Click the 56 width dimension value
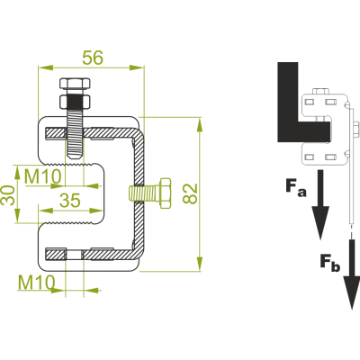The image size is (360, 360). click(93, 58)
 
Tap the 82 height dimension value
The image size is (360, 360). click(191, 193)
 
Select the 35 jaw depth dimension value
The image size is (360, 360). click(70, 200)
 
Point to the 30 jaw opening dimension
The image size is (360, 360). click(8, 195)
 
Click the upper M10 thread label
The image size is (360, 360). click(43, 176)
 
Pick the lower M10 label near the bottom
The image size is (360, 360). click(37, 282)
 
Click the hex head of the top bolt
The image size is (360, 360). click(75, 84)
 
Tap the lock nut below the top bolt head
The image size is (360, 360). click(75, 102)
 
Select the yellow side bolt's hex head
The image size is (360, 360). click(166, 193)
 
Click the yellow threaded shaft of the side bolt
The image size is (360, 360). click(145, 193)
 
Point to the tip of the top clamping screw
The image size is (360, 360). click(75, 157)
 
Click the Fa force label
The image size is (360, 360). click(296, 187)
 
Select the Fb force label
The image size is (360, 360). click(330, 263)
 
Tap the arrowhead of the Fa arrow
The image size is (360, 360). click(320, 222)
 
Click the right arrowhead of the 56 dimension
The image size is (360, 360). click(137, 67)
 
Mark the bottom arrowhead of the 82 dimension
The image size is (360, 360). click(200, 264)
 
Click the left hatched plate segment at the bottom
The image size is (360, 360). click(55, 255)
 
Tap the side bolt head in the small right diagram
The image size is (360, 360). click(355, 129)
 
